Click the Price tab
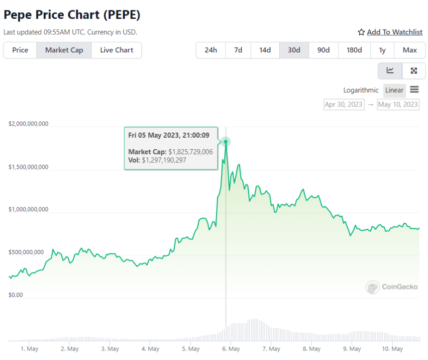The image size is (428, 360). (20, 50)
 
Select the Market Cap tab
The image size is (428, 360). (64, 50)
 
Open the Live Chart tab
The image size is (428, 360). (116, 50)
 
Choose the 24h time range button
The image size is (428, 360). (211, 50)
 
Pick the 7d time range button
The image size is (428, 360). (238, 50)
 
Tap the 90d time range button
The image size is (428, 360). (323, 50)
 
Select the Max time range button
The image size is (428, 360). (410, 50)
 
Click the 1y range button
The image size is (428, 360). (382, 50)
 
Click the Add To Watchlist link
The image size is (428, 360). (395, 32)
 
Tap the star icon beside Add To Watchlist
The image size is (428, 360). (361, 32)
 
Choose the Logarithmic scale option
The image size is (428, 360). (361, 90)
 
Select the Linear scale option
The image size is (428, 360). (394, 90)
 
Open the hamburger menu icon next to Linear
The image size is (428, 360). (415, 90)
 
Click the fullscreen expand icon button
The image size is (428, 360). (414, 71)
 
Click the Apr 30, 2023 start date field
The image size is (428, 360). (344, 104)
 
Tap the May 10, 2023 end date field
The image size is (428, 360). (398, 104)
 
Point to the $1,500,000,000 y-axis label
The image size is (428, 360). (28, 167)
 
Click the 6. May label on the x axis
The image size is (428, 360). (231, 349)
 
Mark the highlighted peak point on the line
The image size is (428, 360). (226, 142)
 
